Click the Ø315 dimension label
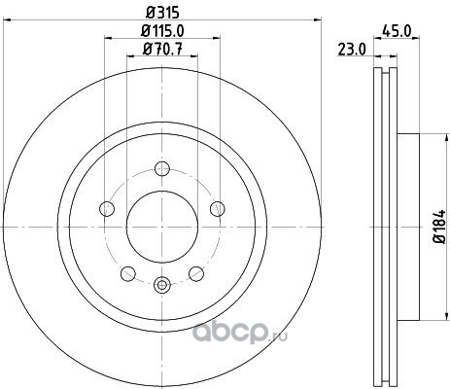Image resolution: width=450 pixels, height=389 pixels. (x=162, y=13)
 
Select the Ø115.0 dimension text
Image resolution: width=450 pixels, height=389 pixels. (x=162, y=31)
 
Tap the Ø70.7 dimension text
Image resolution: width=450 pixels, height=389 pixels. (x=162, y=50)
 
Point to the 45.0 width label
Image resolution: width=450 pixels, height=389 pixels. (x=397, y=31)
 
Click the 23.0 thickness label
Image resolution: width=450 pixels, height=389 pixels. (x=352, y=50)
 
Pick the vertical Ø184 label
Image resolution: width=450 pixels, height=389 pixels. (x=439, y=227)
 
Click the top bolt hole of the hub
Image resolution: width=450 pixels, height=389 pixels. (x=162, y=168)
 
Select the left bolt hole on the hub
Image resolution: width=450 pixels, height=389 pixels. (x=107, y=208)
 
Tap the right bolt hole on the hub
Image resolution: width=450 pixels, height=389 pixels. (x=218, y=208)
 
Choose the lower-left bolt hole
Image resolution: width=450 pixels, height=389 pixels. (x=128, y=273)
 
